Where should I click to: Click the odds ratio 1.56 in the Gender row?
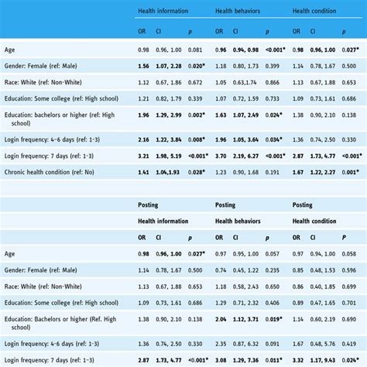click(x=143, y=66)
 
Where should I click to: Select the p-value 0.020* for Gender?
click(x=196, y=66)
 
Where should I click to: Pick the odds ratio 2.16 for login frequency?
click(x=143, y=139)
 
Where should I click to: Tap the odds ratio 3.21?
click(x=143, y=156)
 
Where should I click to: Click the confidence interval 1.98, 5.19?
click(x=170, y=156)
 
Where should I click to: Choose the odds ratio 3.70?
click(x=221, y=156)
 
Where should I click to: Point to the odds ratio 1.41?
click(x=143, y=172)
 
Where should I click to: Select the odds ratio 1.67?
click(x=298, y=172)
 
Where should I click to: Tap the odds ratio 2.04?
click(x=221, y=319)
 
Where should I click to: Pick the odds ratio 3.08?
click(x=221, y=360)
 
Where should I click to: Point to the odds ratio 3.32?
click(x=298, y=360)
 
